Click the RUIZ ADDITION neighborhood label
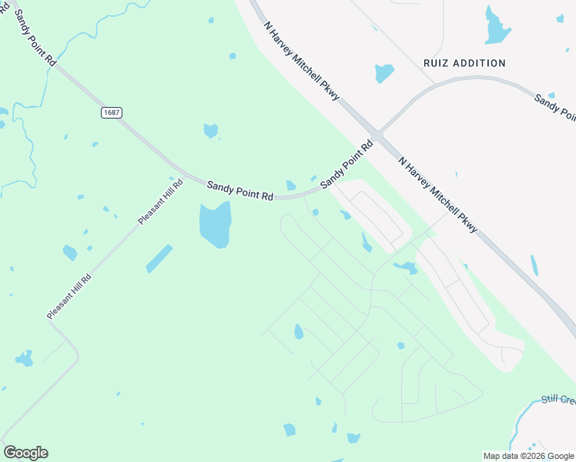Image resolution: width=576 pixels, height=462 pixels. (x=464, y=63)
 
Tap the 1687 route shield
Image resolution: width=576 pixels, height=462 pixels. (x=111, y=112)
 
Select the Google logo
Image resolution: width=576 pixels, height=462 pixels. (x=25, y=453)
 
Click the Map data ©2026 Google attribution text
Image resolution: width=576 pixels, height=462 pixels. (x=528, y=456)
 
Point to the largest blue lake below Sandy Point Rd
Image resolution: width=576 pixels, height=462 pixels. (x=216, y=224)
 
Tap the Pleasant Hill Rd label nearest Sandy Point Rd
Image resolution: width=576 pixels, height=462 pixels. (x=161, y=202)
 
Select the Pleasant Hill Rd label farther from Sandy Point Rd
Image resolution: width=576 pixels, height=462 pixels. (x=69, y=296)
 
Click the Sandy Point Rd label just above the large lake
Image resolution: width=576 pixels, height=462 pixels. (x=240, y=191)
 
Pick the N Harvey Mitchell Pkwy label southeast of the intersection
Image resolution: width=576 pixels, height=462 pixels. (x=438, y=195)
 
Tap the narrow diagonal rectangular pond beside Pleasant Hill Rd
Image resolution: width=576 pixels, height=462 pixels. (x=159, y=259)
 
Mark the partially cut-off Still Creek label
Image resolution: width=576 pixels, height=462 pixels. (x=558, y=399)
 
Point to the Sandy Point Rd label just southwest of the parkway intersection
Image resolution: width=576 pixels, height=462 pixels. (x=346, y=164)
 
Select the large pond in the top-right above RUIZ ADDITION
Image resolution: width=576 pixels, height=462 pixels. (x=496, y=27)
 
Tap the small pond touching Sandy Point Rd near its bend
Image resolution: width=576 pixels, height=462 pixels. (x=290, y=186)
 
